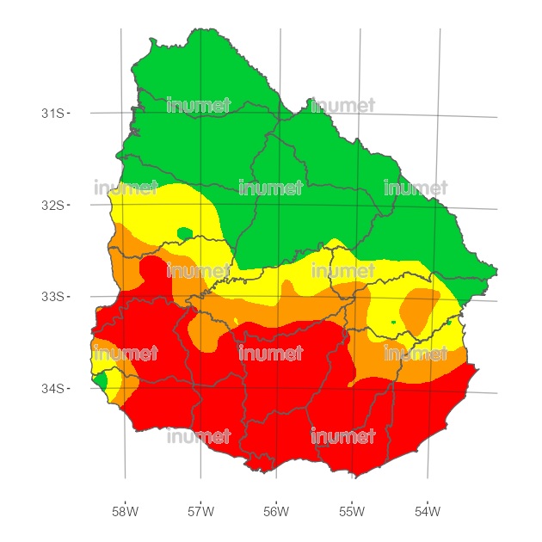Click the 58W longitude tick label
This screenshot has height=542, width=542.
click(125, 512)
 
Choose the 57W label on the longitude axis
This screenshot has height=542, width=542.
click(200, 512)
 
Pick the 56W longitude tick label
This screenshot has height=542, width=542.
click(276, 512)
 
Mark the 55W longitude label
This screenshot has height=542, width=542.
click(352, 512)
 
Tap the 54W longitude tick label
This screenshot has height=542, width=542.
click(428, 512)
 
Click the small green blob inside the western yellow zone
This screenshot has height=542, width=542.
click(184, 232)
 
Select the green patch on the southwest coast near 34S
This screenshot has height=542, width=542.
click(101, 379)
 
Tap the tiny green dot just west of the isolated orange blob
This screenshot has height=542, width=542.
click(393, 322)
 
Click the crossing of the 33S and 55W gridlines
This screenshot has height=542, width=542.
click(354, 299)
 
